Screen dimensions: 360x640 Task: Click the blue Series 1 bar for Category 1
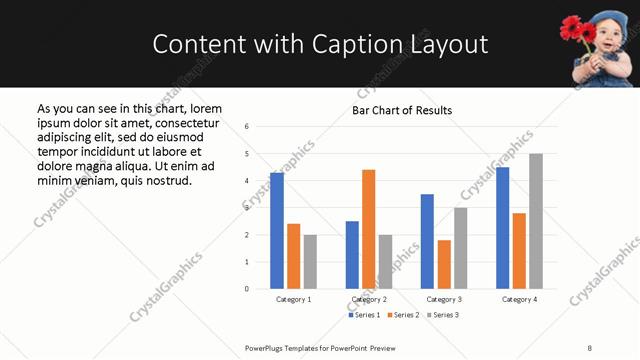pos(277,231)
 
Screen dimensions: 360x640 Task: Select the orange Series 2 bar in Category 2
pos(368,229)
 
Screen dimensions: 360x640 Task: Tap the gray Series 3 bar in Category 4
pos(536,221)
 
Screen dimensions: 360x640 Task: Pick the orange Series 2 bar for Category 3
pos(444,264)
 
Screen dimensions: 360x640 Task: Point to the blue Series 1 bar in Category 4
pos(502,228)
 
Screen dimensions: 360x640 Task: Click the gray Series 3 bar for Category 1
pos(310,262)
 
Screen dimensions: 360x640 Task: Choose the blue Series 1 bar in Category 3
pos(427,241)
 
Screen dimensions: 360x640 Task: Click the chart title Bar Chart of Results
pos(402,110)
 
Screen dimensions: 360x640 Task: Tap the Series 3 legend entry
pos(443,315)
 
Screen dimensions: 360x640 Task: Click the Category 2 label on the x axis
pos(369,299)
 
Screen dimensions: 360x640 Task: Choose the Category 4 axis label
pos(519,299)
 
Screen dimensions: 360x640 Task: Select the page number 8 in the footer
pos(589,348)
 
